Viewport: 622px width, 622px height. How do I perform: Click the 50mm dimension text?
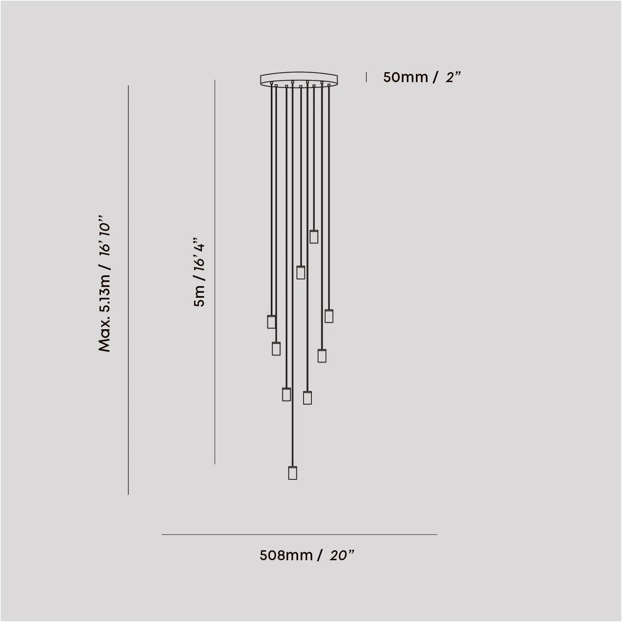(406, 77)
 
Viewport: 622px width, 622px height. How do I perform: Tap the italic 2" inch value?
(453, 77)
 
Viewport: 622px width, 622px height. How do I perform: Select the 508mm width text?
(286, 555)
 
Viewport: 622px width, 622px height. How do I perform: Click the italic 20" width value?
(342, 555)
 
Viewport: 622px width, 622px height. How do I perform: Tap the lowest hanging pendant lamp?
(293, 473)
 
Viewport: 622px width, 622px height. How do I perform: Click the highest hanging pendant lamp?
(314, 236)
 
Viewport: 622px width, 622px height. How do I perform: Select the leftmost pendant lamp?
(272, 321)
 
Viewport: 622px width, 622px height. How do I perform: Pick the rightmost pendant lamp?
(329, 316)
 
